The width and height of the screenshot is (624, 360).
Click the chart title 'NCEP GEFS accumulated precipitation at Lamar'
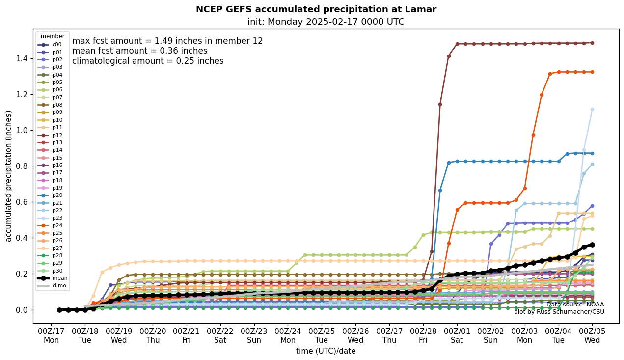point(316,9)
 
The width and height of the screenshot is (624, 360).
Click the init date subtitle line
point(326,22)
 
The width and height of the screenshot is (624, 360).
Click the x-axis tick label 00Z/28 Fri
point(423,335)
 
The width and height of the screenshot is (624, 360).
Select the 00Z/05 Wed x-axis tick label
point(592,335)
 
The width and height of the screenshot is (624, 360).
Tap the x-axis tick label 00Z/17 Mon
point(51,335)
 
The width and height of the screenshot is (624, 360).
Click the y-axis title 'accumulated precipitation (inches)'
point(8,176)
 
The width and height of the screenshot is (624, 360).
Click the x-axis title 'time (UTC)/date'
point(326,351)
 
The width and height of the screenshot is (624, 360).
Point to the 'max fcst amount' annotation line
point(167,41)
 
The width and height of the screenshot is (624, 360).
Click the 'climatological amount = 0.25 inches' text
point(148,61)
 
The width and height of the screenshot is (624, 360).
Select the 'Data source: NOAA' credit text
point(575,305)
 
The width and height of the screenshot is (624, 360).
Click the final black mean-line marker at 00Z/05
point(592,245)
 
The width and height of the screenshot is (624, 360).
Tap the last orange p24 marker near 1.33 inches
point(592,72)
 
